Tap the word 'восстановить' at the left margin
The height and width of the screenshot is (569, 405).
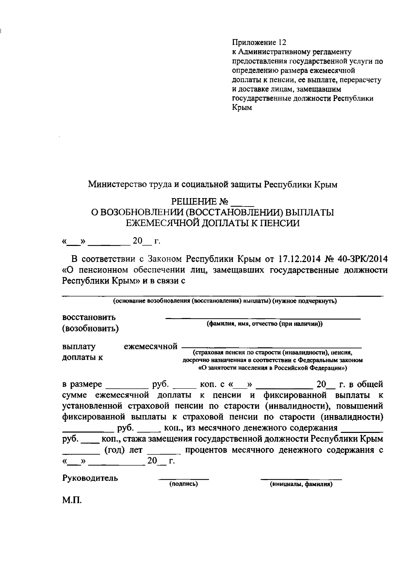89,317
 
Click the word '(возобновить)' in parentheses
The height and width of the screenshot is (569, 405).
90,328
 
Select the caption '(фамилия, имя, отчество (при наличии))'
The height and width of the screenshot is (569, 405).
265,324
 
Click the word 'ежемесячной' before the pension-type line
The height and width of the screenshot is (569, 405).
151,346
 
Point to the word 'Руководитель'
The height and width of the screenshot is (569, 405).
90,478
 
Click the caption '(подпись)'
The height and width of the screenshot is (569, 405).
183,484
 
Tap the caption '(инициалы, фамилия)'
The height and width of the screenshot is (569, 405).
301,484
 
